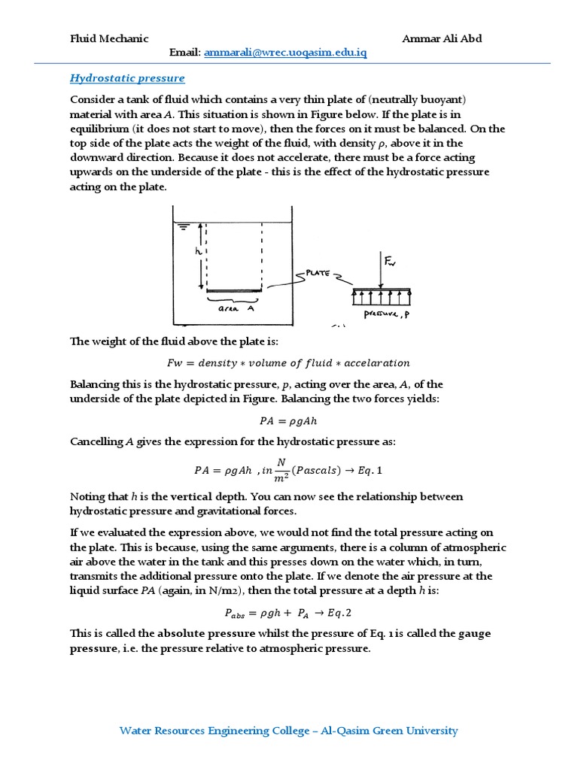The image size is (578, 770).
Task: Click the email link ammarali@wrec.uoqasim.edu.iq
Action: (285, 53)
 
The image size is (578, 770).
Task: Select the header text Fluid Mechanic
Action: (109, 38)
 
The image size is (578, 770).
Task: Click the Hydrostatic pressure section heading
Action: (127, 78)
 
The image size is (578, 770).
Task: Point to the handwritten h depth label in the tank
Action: (199, 252)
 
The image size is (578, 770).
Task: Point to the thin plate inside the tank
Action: (234, 291)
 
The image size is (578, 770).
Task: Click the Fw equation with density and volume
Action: (288, 363)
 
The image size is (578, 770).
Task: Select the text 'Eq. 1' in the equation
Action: (368, 470)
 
